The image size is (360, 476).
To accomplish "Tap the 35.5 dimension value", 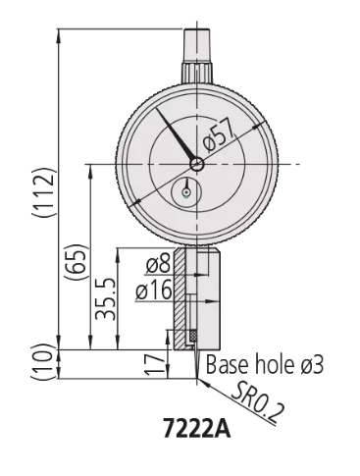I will (108, 298).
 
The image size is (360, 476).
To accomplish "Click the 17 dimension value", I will (150, 365).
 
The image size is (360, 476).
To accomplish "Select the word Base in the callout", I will (225, 365).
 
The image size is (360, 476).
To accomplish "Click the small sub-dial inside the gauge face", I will (186, 192).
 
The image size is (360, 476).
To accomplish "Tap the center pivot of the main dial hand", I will (197, 163).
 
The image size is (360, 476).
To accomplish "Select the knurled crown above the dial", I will (197, 74).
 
